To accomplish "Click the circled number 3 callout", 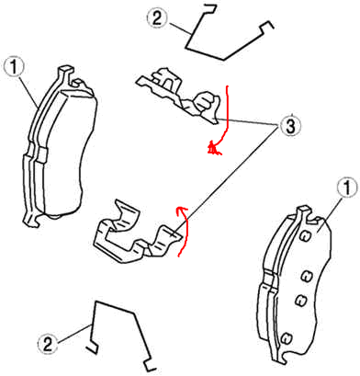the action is (x=290, y=125).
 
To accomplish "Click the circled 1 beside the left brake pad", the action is (x=15, y=67).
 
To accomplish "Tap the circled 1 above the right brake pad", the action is (x=347, y=188).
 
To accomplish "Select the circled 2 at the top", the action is (x=157, y=18).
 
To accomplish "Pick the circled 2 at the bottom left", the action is (x=48, y=344).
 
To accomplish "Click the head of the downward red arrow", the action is (x=214, y=149).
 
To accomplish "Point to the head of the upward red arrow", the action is (x=181, y=211).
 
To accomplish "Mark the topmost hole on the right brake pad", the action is (x=305, y=236).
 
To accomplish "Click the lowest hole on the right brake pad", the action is (x=286, y=337).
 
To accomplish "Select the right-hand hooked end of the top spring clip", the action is (x=267, y=27).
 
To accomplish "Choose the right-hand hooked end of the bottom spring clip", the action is (x=150, y=366).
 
